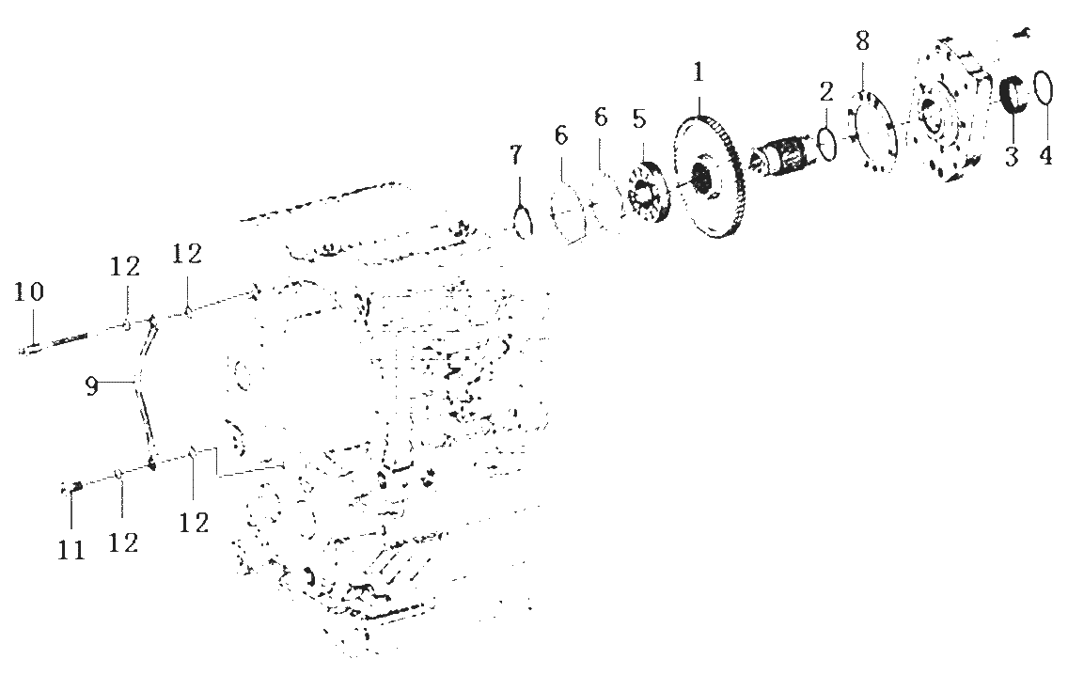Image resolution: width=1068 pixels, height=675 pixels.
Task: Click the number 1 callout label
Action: coord(699,72)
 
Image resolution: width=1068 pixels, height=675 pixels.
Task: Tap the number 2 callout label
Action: coord(826,91)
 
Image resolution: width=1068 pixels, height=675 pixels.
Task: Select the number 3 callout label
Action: coord(1012,155)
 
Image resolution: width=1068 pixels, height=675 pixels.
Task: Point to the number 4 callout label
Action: coord(1045,155)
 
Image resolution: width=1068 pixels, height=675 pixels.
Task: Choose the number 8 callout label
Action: coord(862,40)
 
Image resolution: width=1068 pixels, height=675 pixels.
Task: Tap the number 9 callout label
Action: coord(91,386)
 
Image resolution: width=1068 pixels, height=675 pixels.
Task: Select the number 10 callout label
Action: coord(28,291)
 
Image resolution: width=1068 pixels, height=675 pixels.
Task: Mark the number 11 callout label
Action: coord(71,549)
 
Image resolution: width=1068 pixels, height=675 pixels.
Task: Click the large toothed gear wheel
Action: coord(708,178)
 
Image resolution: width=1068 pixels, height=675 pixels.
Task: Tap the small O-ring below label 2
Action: coord(826,144)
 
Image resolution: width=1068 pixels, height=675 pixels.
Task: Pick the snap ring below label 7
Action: coord(522,222)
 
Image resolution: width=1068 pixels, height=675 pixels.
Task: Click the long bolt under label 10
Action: coord(55,343)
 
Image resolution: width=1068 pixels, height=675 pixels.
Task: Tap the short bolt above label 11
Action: coord(71,487)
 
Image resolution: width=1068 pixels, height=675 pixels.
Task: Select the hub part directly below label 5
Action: coord(647,193)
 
